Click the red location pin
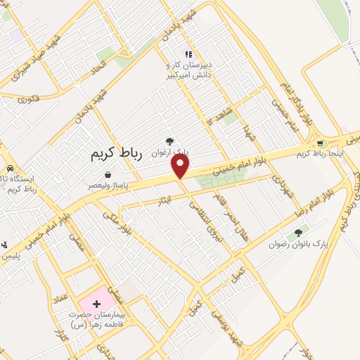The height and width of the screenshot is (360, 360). point(181,165)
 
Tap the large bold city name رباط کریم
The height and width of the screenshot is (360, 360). point(117,155)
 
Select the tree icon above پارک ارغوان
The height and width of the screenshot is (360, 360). point(169,141)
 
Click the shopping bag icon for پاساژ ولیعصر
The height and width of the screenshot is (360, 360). point(108,174)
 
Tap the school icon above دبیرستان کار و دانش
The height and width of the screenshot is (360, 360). point(187,53)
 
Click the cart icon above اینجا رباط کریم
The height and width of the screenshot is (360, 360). point(321,143)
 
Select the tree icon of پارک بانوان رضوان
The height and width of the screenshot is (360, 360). point(298,233)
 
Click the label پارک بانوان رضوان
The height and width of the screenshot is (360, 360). point(299,244)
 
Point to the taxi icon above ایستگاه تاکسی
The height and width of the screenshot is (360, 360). point(11,168)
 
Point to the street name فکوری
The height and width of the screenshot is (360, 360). point(29,98)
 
